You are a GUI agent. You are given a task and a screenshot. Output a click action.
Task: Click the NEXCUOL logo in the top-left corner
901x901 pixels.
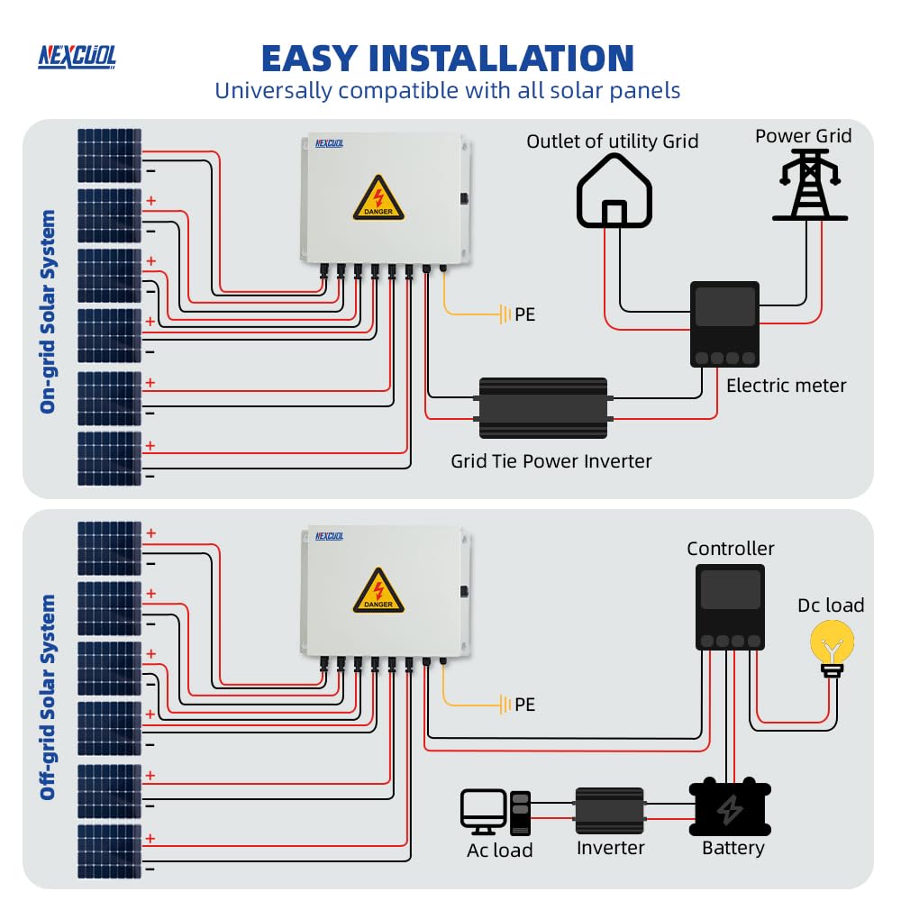tap(77, 56)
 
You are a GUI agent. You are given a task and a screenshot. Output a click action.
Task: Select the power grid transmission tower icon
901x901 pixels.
tap(810, 185)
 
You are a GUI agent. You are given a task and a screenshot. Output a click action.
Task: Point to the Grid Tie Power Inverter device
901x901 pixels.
tap(542, 408)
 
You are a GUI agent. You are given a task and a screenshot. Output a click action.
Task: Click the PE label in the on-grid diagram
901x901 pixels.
tap(524, 315)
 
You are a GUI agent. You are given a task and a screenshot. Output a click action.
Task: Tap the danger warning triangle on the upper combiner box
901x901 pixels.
tap(378, 199)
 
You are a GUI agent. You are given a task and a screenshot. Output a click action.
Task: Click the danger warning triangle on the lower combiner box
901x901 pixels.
tap(378, 591)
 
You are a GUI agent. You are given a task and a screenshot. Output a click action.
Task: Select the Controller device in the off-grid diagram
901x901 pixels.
tap(730, 606)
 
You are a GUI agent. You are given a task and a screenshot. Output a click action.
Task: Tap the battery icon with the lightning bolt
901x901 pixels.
tap(730, 808)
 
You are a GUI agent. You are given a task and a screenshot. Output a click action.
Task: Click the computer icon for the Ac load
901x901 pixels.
tap(495, 811)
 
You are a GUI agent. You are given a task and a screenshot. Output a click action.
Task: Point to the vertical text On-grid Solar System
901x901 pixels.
tap(48, 312)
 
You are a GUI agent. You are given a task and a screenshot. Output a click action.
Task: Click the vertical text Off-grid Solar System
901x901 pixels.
tap(48, 696)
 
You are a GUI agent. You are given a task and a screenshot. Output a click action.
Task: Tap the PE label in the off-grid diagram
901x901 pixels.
tap(524, 705)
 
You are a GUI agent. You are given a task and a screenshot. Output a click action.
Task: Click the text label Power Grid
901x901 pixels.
tap(803, 136)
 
